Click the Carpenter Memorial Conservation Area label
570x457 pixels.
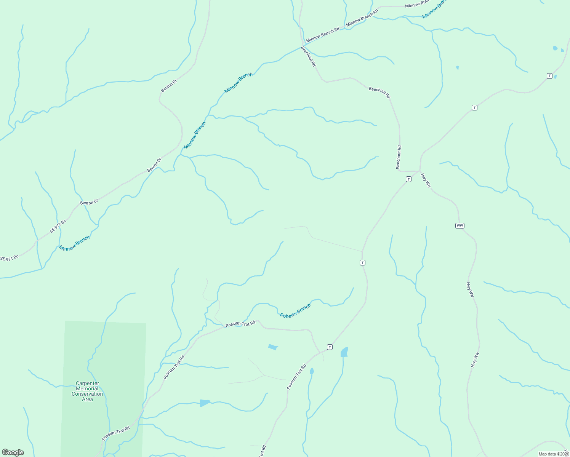tap(87, 391)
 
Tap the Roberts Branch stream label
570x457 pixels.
tap(295, 311)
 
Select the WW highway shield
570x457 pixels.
tap(460, 225)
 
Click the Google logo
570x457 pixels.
tap(13, 452)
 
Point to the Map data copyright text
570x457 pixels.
tap(554, 454)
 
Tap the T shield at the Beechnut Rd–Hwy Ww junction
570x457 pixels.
tap(408, 179)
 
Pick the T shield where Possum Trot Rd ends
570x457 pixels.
tap(330, 347)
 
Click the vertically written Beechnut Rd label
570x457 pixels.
tap(399, 157)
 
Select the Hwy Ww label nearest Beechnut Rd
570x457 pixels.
tap(426, 180)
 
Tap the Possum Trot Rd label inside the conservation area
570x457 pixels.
tap(116, 433)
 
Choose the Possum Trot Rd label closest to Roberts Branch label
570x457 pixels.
tap(240, 324)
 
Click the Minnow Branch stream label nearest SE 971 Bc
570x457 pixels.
tap(75, 243)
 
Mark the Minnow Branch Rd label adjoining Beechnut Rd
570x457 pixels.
tap(322, 34)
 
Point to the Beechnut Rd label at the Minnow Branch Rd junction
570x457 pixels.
tap(308, 56)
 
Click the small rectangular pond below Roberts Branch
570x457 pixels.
tap(273, 347)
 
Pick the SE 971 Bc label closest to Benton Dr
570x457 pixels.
tap(58, 226)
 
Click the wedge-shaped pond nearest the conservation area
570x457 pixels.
tap(205, 403)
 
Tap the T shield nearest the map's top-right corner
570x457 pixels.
tap(549, 76)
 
